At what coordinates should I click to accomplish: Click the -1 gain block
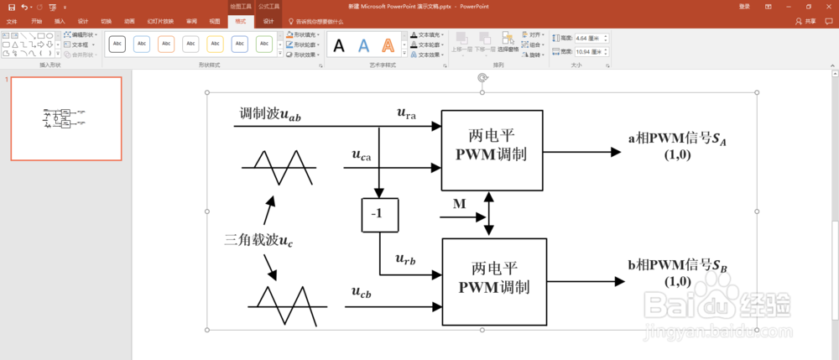[x=378, y=214]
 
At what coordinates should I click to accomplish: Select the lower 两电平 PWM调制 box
[x=494, y=281]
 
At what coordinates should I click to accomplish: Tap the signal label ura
[x=406, y=113]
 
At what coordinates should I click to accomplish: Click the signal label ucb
[x=362, y=293]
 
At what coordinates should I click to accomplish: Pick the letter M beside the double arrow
[x=459, y=204]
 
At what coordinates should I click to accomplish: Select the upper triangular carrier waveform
[x=279, y=168]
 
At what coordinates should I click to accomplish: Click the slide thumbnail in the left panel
[x=66, y=118]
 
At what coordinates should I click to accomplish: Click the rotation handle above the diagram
[x=482, y=78]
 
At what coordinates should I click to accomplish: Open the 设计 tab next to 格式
[x=268, y=20]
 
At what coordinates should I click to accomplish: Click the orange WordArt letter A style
[x=388, y=45]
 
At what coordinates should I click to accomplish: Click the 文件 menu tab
[x=12, y=21]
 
